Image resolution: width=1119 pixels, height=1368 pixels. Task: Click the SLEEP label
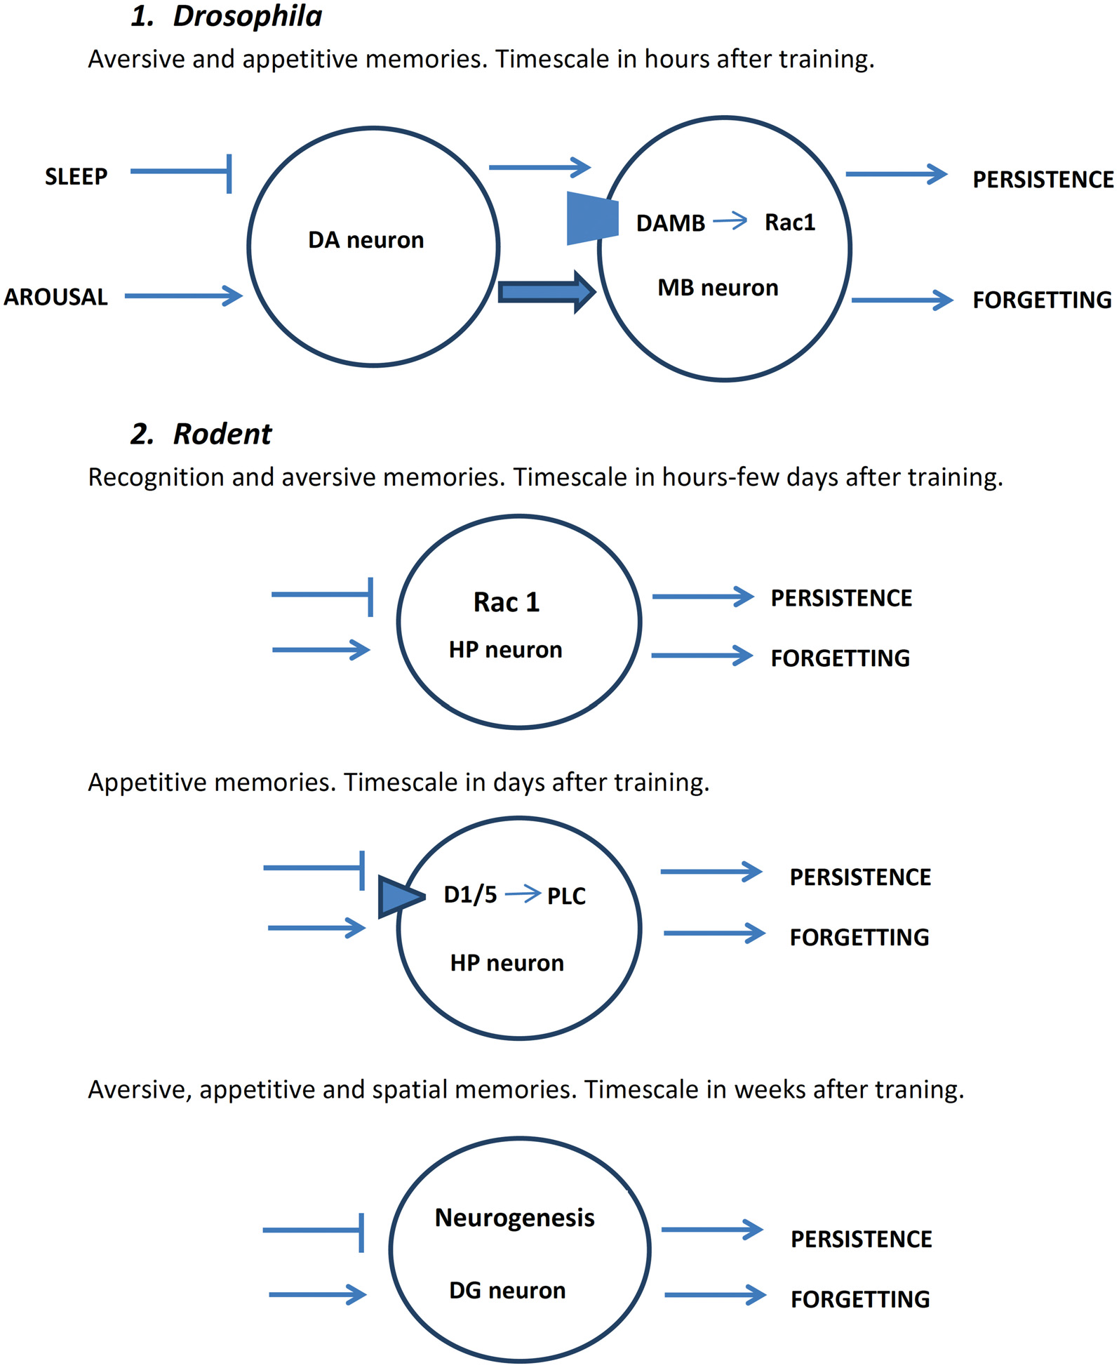click(x=76, y=176)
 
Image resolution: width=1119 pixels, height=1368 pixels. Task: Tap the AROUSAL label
click(x=56, y=297)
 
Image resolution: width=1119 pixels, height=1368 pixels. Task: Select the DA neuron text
click(x=366, y=240)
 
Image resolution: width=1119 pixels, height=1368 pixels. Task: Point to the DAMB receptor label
click(x=670, y=223)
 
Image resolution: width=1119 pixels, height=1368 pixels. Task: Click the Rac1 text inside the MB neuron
click(x=789, y=223)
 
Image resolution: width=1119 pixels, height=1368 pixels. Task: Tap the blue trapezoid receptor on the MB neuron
click(x=592, y=218)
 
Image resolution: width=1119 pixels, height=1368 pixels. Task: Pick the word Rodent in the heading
click(x=222, y=434)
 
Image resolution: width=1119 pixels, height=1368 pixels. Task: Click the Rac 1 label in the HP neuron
click(x=506, y=602)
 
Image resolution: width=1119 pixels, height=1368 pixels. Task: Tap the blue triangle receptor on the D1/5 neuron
click(x=398, y=896)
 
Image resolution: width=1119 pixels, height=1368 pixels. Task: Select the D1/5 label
click(x=470, y=895)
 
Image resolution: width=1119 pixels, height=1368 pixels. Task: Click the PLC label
click(x=566, y=896)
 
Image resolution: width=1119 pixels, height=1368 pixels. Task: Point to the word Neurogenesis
click(x=514, y=1218)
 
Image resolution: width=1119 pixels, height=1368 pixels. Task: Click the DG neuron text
click(x=507, y=1290)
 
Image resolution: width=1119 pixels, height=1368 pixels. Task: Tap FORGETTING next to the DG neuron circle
click(x=860, y=1299)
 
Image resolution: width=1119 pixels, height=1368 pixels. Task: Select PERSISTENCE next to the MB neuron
click(x=1042, y=180)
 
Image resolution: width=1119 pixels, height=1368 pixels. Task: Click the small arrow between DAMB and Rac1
click(x=730, y=222)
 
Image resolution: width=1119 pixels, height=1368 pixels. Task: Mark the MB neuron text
click(x=718, y=288)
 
